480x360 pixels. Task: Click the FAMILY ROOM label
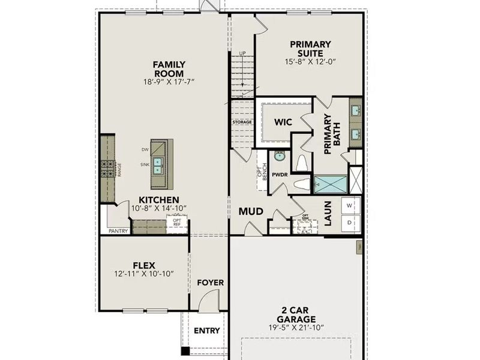pyautogui.click(x=169, y=68)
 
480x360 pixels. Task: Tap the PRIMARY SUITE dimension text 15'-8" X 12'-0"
pyautogui.click(x=310, y=61)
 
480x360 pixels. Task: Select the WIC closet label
pyautogui.click(x=283, y=122)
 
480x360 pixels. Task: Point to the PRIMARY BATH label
pyautogui.click(x=332, y=134)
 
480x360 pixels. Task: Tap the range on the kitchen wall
pyautogui.click(x=108, y=169)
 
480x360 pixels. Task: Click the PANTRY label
pyautogui.click(x=118, y=230)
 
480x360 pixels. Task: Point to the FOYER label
pyautogui.click(x=210, y=283)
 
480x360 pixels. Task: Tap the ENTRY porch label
pyautogui.click(x=206, y=331)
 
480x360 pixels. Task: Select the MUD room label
pyautogui.click(x=251, y=212)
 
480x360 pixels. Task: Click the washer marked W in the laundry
pyautogui.click(x=350, y=205)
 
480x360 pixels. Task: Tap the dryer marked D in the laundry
pyautogui.click(x=350, y=222)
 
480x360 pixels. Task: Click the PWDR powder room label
pyautogui.click(x=280, y=175)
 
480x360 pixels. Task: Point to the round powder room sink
pyautogui.click(x=279, y=156)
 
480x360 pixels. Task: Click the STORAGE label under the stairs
pyautogui.click(x=242, y=122)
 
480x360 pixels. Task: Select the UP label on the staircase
pyautogui.click(x=242, y=53)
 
